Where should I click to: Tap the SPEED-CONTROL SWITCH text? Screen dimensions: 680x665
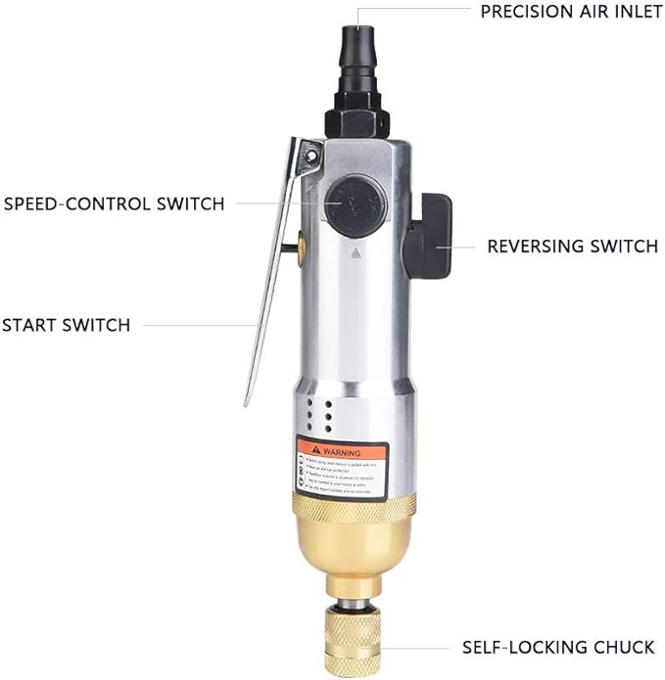pos(115,204)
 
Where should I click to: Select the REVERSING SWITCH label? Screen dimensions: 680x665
pos(572,247)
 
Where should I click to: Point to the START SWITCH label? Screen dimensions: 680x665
pos(66,325)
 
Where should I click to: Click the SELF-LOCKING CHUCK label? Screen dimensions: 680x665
pos(559,648)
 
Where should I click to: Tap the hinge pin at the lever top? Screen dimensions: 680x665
pos(311,154)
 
